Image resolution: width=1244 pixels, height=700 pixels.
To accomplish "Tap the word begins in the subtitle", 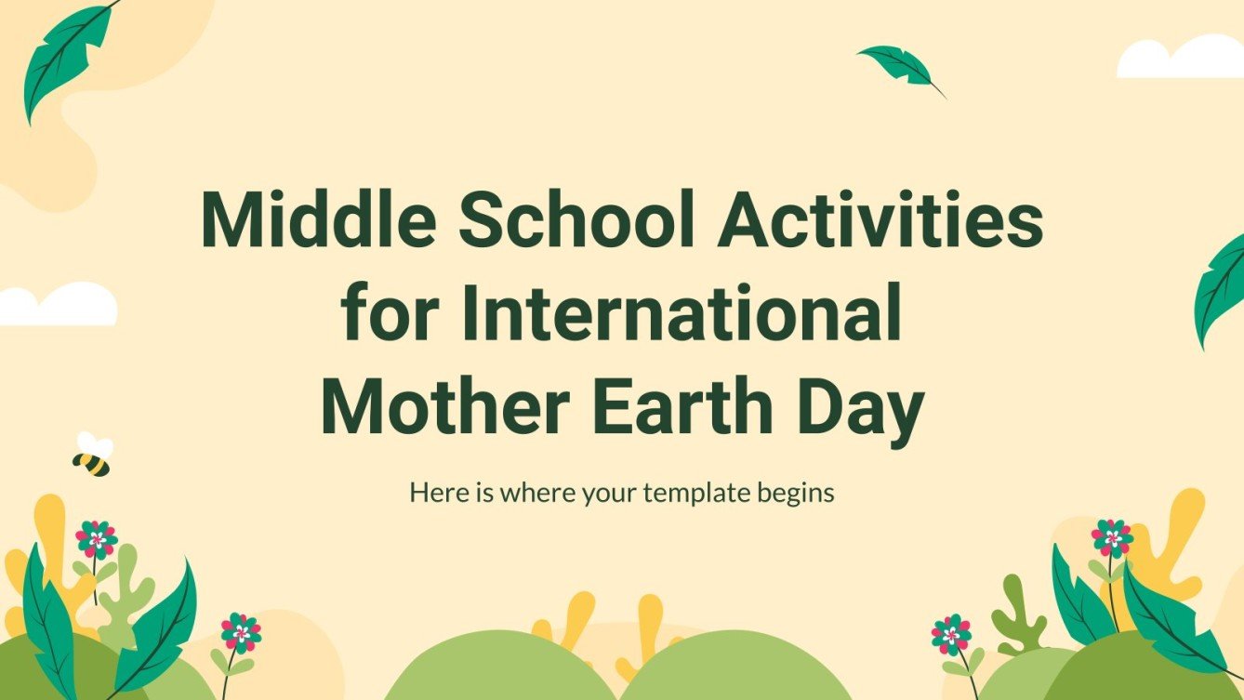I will tap(796, 494).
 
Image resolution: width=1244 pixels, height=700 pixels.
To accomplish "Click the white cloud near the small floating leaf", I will tap(1181, 58).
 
